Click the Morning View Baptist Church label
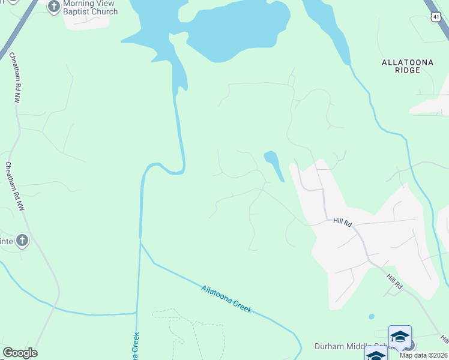point(90,7)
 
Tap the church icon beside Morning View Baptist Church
point(53,7)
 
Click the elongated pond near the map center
point(274,164)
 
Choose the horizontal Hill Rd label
point(342,222)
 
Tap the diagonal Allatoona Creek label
point(226,299)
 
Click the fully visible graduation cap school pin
point(400,337)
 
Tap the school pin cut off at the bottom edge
point(376,354)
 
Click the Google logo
point(20,353)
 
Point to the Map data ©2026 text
point(423,355)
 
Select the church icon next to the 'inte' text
point(22,241)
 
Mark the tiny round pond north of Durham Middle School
point(372,316)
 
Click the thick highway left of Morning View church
point(18,30)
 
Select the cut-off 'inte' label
point(6,241)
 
